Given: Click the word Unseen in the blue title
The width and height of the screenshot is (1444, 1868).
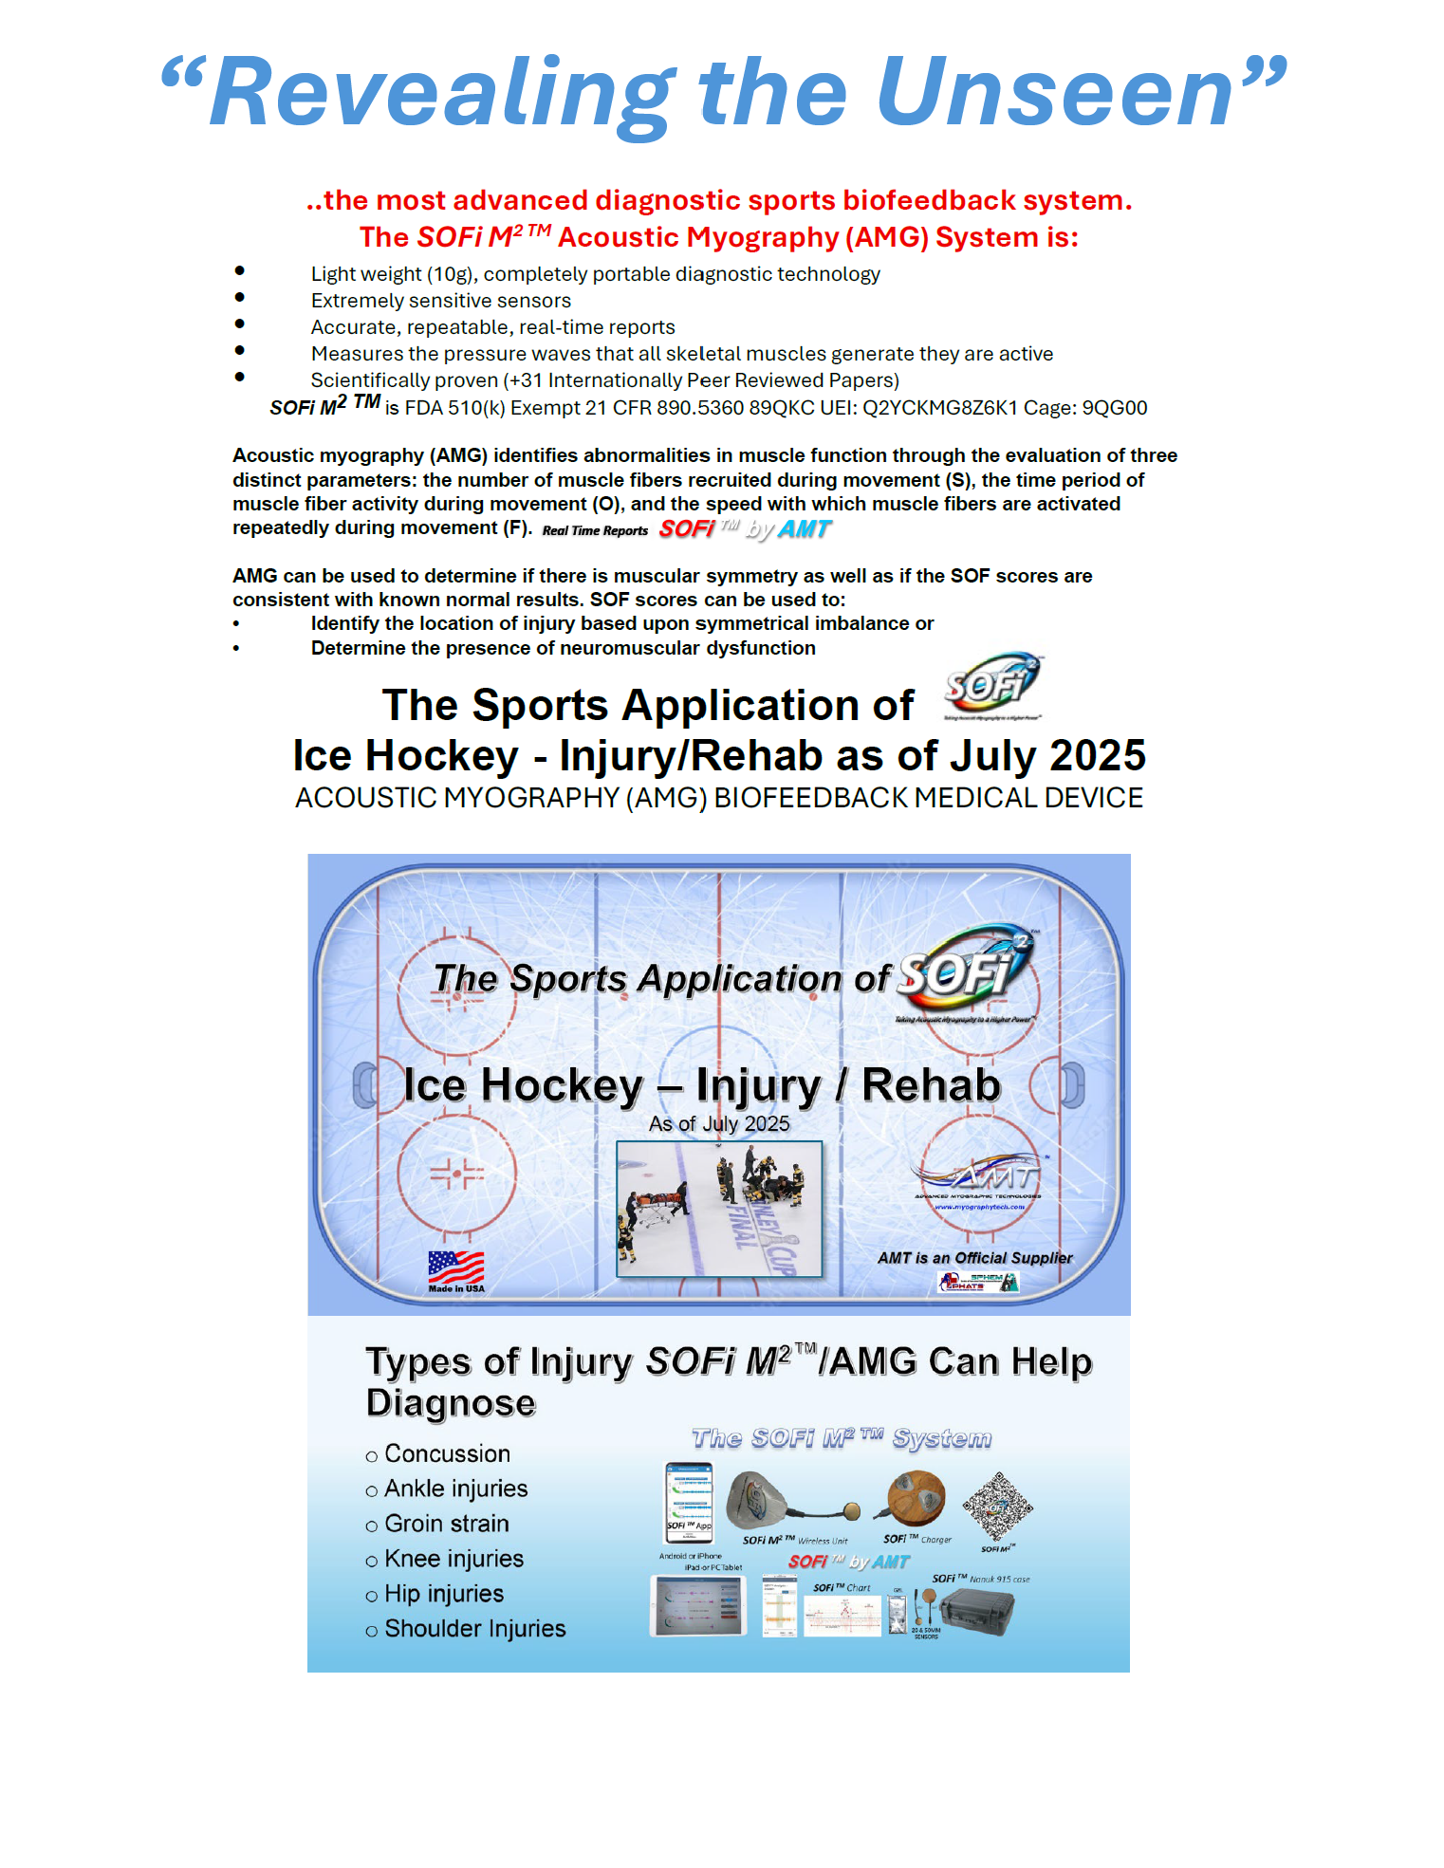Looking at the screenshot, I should click(1053, 93).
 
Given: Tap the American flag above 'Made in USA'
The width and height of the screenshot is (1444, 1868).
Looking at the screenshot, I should click(455, 1267).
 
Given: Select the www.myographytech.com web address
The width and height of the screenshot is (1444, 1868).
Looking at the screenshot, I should click(979, 1208).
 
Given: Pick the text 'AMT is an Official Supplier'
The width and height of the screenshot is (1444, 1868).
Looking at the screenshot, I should click(974, 1258).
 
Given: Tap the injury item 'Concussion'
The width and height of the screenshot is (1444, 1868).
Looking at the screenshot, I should click(447, 1454).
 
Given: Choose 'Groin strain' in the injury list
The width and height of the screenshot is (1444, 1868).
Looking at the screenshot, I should click(447, 1524).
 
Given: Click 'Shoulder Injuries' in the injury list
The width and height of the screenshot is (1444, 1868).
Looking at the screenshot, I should click(474, 1629).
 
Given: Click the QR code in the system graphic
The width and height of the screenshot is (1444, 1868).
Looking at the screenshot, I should click(996, 1507).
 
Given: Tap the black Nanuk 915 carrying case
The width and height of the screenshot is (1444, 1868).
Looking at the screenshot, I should click(977, 1613).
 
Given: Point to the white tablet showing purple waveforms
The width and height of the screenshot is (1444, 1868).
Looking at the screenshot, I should click(697, 1605).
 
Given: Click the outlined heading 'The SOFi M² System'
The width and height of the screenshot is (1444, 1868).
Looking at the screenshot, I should click(841, 1439).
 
